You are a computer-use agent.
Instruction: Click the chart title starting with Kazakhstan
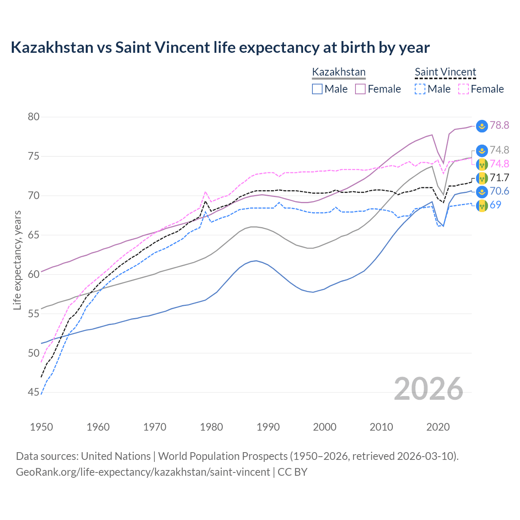[220, 48]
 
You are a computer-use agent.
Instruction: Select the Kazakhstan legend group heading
[338, 72]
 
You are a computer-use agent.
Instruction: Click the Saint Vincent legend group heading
[445, 72]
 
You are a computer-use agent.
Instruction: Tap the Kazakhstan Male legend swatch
[317, 89]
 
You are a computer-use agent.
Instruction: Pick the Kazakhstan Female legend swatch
[360, 89]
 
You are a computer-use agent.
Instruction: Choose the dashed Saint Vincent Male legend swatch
[420, 89]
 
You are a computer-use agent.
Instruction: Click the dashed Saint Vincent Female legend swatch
[463, 89]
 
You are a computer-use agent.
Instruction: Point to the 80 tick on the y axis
[34, 117]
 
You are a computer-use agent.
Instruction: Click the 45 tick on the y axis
[34, 392]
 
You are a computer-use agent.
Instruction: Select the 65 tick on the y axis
[34, 235]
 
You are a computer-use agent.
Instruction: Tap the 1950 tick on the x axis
[41, 427]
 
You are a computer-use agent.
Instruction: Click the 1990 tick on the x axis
[268, 427]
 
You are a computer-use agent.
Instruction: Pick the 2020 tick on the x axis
[438, 427]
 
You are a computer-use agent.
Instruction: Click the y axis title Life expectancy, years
[17, 260]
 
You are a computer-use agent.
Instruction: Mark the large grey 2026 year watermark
[429, 389]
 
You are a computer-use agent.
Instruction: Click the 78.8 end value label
[499, 126]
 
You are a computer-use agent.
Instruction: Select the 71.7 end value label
[499, 178]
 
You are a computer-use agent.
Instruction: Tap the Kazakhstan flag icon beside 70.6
[482, 192]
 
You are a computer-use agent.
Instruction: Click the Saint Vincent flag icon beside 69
[482, 205]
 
